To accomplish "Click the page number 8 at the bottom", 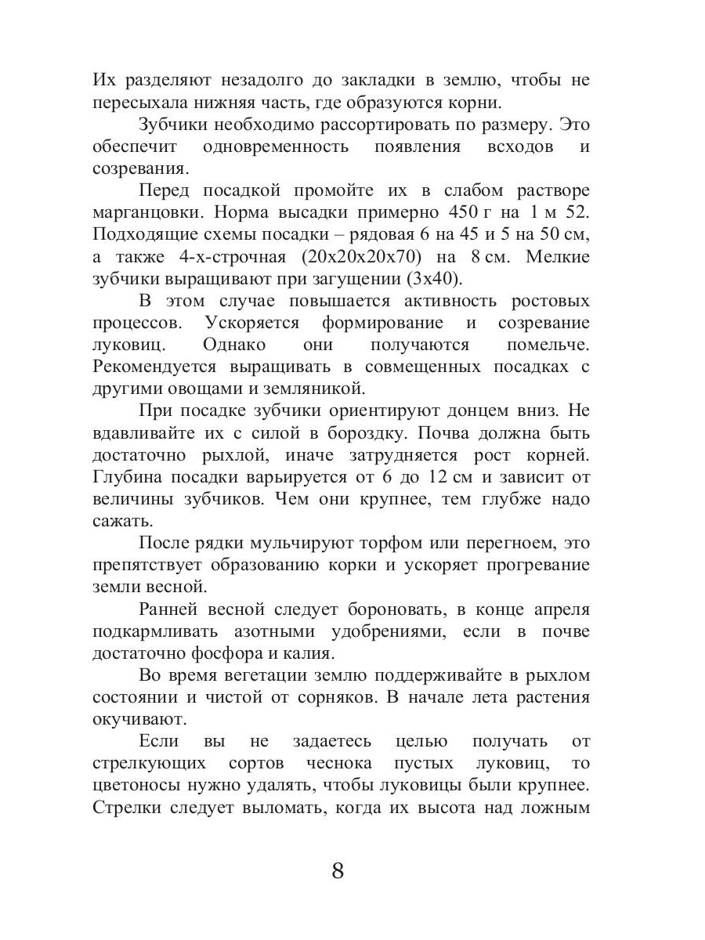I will click(x=338, y=870).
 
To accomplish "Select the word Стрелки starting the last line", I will click(x=128, y=806).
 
